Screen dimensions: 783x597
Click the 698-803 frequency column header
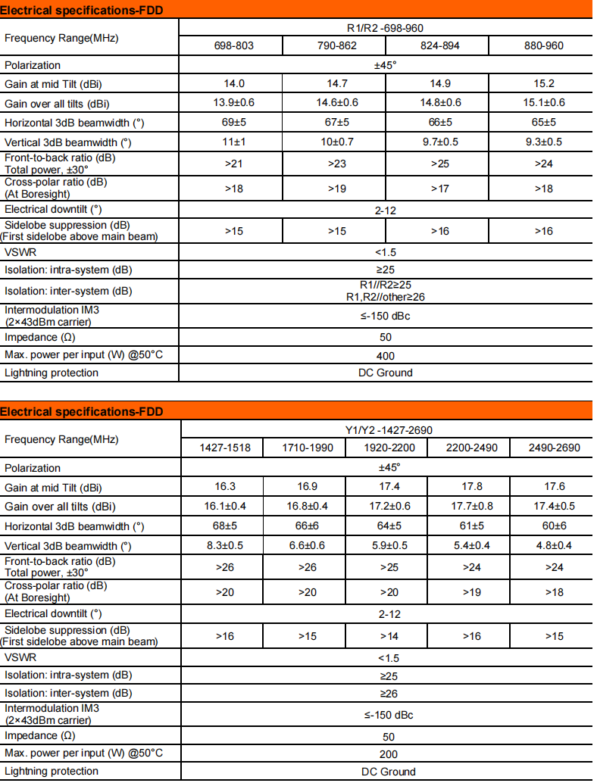point(233,45)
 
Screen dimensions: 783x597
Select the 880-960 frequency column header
point(543,45)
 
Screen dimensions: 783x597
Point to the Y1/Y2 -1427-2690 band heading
point(389,430)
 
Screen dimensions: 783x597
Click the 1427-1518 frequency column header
point(225,448)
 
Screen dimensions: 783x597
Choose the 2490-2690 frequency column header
point(555,448)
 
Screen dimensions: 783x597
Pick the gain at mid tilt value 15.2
point(543,83)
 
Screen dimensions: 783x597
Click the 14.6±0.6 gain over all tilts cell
point(337,103)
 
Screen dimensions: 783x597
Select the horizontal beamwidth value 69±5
point(233,122)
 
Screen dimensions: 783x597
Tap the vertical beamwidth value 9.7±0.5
point(440,142)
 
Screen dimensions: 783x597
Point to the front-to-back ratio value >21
point(233,164)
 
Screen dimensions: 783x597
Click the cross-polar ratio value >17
point(440,188)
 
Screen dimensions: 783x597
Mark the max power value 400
point(385,355)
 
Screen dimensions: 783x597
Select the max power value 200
point(389,753)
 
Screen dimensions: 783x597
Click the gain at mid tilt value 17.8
point(471,486)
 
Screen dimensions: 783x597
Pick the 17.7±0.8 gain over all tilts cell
point(471,506)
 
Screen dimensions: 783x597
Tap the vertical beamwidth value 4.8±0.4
point(555,545)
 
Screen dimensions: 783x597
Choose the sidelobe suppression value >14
point(389,636)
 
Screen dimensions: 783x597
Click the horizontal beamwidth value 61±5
point(471,526)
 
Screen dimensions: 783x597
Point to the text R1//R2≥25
point(385,285)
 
